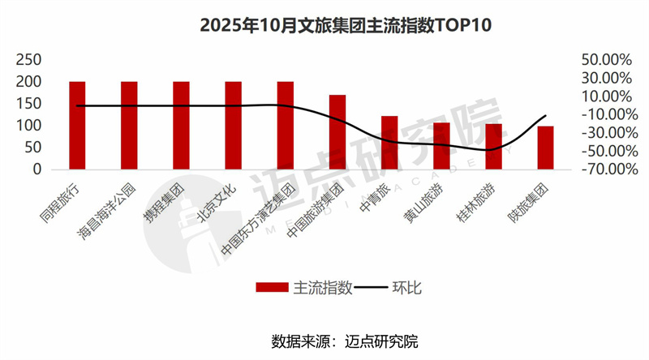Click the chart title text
click(324, 26)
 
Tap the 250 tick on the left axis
click(29, 60)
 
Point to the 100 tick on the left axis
click(29, 126)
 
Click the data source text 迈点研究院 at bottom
click(382, 340)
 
